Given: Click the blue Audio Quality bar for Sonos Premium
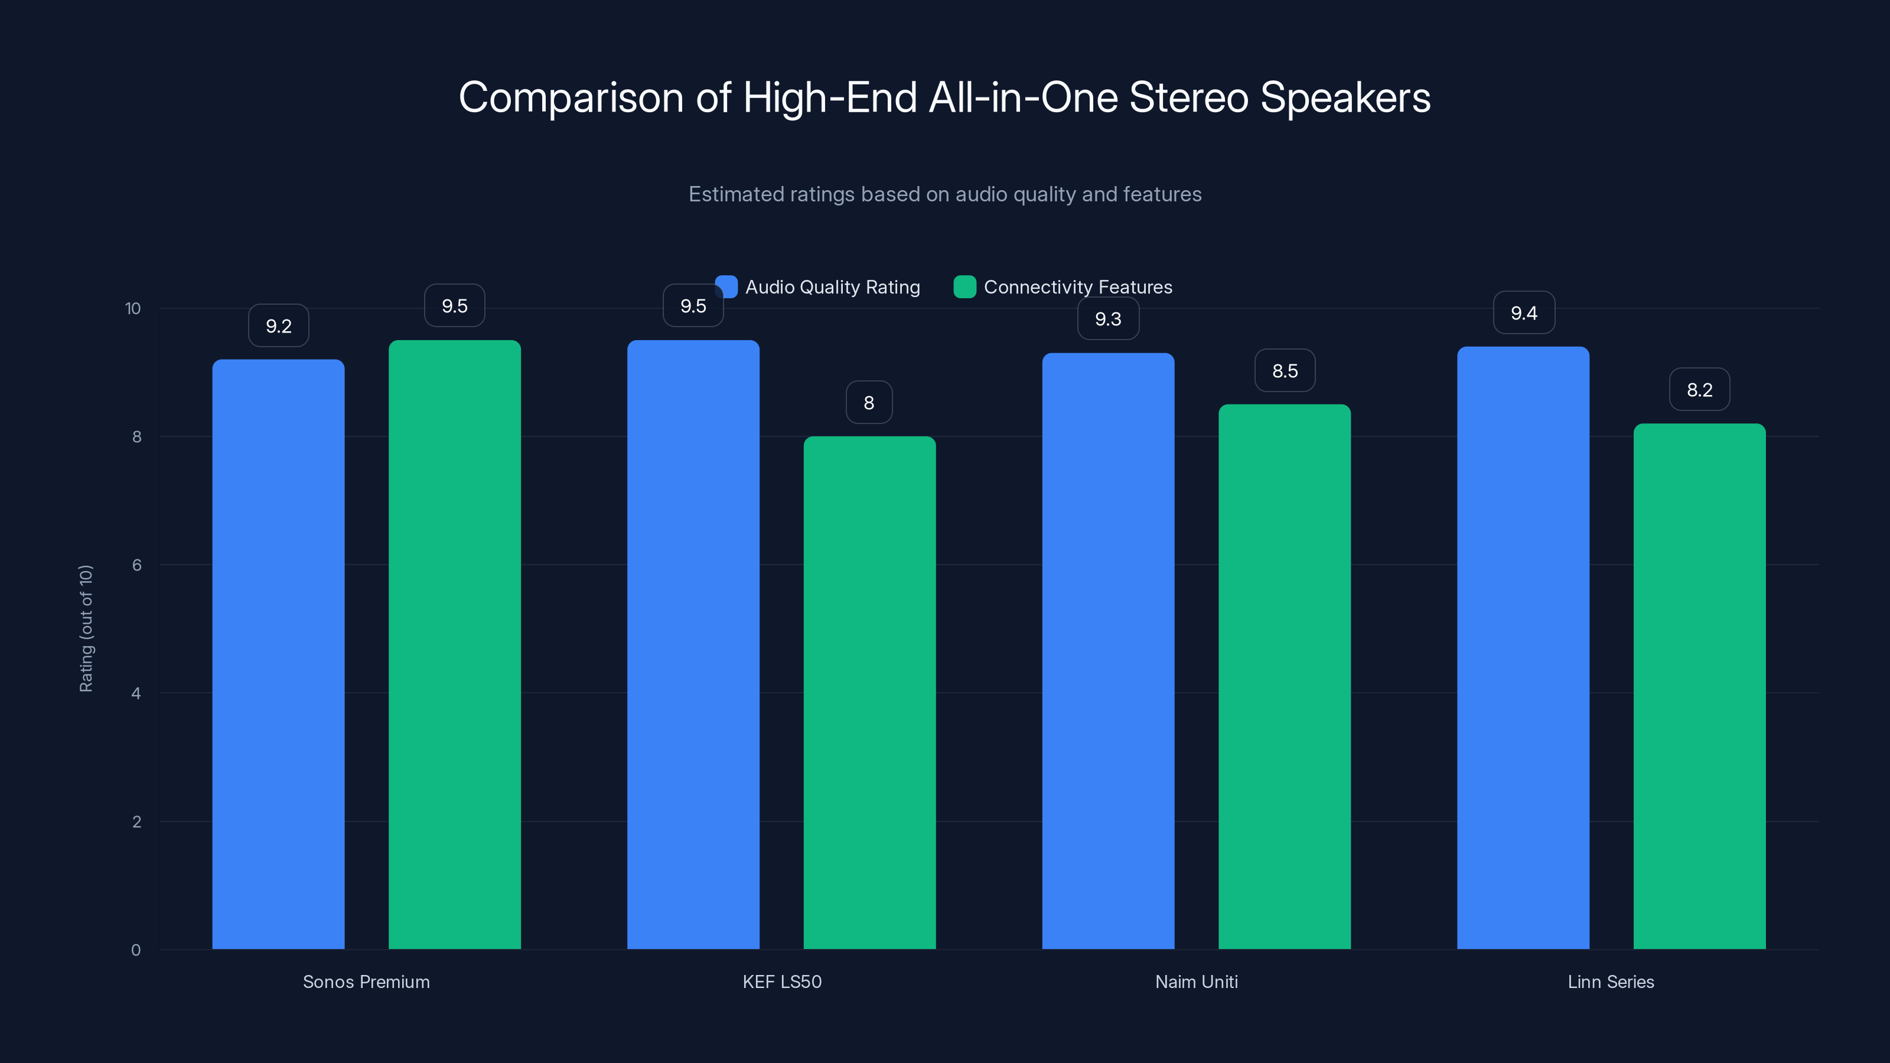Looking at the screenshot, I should tap(278, 653).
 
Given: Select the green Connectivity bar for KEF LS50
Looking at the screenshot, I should tap(869, 693).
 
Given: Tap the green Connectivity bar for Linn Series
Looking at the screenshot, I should tap(1699, 686).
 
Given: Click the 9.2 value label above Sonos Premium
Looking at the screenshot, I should tap(278, 326).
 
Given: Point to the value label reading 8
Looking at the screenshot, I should tap(869, 402).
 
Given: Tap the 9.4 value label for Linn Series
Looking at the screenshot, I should tap(1524, 312).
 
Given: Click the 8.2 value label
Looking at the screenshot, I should tap(1699, 390).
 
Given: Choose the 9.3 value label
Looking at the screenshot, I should tap(1108, 318).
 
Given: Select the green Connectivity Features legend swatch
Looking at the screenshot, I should tap(964, 287).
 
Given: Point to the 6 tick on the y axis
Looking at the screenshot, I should tap(136, 565).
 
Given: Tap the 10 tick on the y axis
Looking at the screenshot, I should tap(133, 308).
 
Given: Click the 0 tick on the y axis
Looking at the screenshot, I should tap(136, 950).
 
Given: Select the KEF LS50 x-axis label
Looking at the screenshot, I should tap(781, 982).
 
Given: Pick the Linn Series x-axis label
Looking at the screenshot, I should tap(1611, 982).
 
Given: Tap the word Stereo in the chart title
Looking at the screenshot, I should tap(1188, 97).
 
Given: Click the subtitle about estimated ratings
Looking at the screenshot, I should tap(944, 194).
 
